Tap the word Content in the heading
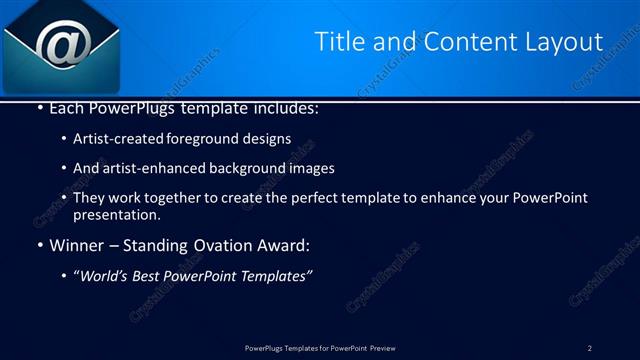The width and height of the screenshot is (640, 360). (468, 42)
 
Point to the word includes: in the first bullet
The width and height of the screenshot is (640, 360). (284, 108)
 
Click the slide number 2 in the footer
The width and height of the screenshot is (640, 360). (589, 348)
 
